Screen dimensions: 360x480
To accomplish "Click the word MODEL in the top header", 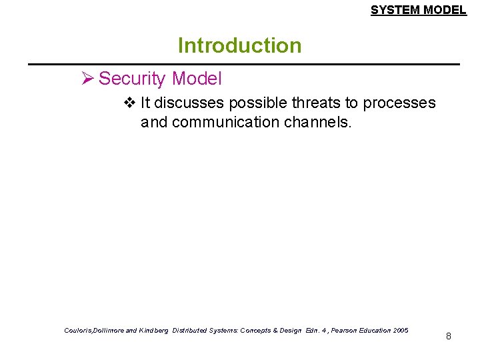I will (x=445, y=10).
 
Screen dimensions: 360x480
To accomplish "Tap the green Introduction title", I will (x=239, y=45).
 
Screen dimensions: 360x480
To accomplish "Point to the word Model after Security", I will (x=196, y=79).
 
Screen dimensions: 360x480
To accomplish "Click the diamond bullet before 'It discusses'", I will (x=129, y=103).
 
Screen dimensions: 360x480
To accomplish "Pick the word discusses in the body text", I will (x=189, y=103).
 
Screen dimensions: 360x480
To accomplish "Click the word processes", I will (x=399, y=103).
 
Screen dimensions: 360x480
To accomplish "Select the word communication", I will (x=226, y=123).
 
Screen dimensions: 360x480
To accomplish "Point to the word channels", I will (x=317, y=123).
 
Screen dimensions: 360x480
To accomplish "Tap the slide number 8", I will (x=449, y=336).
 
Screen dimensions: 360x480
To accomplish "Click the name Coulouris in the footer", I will (x=80, y=331).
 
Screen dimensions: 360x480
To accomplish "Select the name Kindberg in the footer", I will (x=153, y=331).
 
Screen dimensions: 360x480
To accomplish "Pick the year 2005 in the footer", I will (x=401, y=331).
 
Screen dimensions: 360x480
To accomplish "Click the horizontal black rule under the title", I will (x=243, y=64).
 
